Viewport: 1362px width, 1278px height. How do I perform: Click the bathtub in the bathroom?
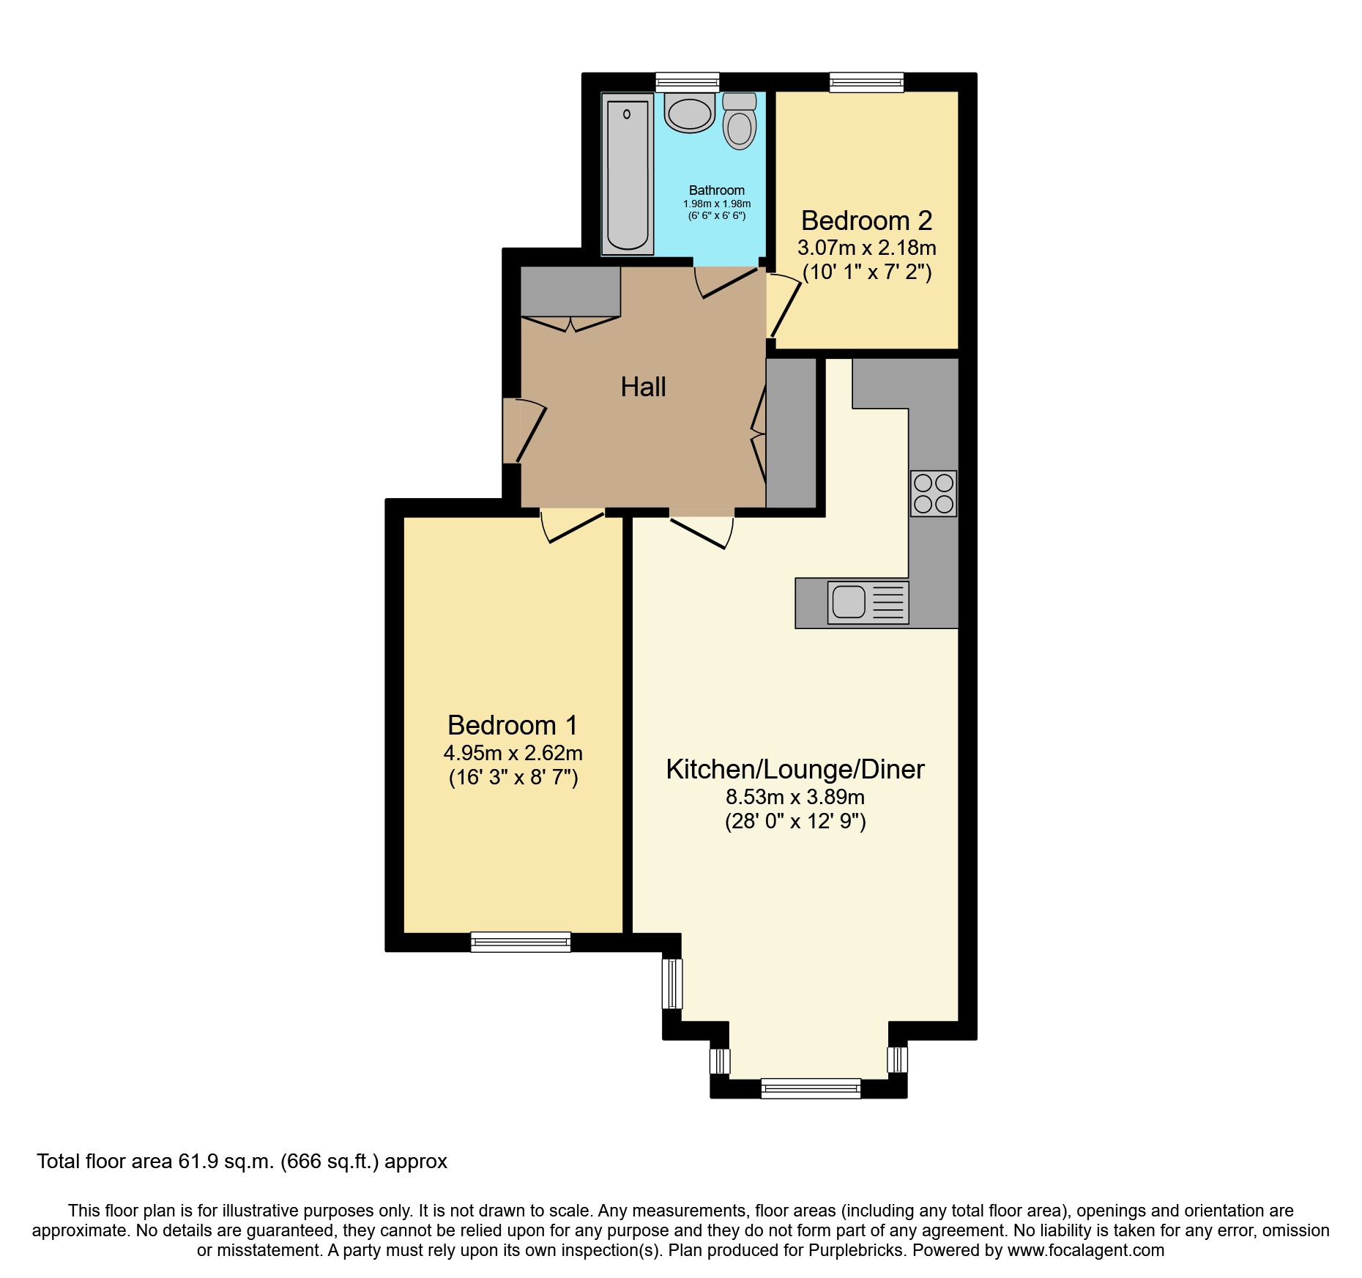point(628,174)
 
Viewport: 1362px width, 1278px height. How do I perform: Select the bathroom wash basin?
point(689,114)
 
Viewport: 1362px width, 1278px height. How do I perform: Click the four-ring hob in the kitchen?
point(934,493)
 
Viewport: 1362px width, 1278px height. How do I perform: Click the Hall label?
point(643,387)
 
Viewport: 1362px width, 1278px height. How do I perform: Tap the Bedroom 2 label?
point(866,220)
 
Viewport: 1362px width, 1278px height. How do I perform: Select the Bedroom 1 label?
point(513,725)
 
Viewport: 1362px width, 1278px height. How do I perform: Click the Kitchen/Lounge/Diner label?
point(795,769)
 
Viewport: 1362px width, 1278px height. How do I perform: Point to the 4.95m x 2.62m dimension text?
point(513,753)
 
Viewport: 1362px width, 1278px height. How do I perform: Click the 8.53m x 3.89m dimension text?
point(795,797)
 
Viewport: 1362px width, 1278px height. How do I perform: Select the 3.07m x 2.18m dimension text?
point(866,248)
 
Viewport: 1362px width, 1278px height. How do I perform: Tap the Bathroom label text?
point(716,190)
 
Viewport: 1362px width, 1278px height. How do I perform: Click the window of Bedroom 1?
point(520,941)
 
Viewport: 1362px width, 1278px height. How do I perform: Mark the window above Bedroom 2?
point(866,82)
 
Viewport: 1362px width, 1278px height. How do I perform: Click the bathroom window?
point(687,82)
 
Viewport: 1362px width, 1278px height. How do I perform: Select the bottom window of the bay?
point(811,1088)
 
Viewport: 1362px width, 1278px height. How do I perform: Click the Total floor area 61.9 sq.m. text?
point(242,1162)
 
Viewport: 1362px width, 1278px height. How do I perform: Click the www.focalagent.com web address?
point(1085,1250)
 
